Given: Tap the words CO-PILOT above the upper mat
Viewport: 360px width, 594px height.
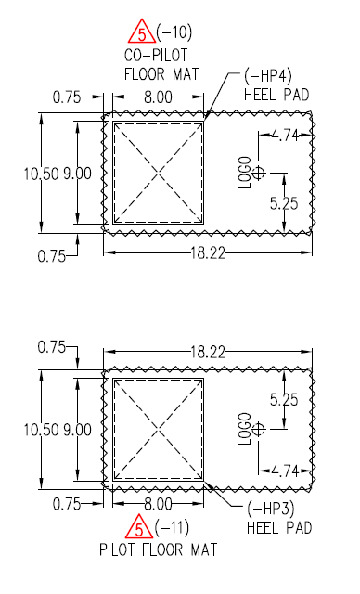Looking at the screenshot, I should click(157, 54).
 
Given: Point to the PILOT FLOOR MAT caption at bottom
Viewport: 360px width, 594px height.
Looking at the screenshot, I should click(159, 549).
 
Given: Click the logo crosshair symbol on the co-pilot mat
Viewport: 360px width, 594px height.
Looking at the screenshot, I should click(259, 172).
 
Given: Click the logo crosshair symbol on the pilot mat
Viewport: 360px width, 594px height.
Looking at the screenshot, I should click(259, 428).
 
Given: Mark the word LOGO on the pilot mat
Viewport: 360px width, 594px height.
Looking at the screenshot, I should click(245, 428).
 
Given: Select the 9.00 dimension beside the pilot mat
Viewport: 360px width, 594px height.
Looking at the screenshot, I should click(79, 429).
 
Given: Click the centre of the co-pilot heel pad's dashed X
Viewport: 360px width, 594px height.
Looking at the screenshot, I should click(158, 172).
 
